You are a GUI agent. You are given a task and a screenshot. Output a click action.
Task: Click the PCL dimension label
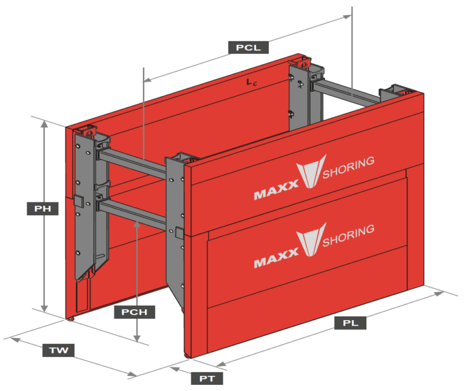tap(248, 47)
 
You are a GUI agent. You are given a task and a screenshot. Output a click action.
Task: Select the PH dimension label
tap(42, 209)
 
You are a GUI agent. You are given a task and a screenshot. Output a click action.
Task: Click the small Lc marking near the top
tap(251, 84)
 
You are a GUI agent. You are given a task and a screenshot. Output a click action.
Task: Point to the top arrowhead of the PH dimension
tap(44, 123)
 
